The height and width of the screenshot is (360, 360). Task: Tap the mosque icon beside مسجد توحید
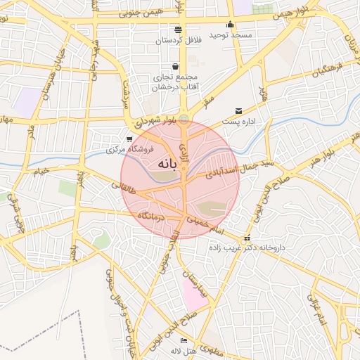click(230, 25)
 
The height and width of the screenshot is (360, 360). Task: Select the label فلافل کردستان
click(178, 40)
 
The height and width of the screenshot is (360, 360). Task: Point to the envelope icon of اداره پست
click(239, 111)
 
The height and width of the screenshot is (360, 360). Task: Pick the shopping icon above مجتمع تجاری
click(174, 67)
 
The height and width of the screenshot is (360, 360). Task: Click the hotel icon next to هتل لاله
click(184, 341)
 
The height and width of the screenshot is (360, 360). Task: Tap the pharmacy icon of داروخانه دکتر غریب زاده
click(246, 238)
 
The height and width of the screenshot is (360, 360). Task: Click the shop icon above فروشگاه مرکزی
click(128, 139)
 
